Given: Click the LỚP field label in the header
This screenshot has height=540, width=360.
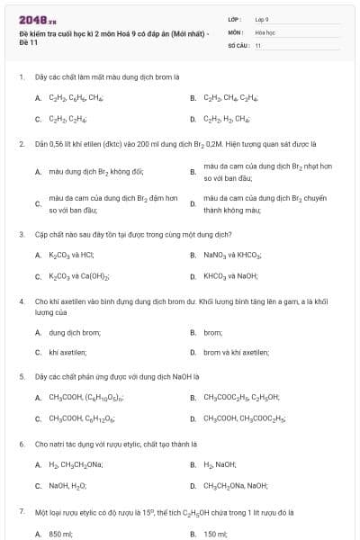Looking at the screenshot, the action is click(x=234, y=18).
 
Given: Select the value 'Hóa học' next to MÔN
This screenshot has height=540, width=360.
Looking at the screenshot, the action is click(x=265, y=31).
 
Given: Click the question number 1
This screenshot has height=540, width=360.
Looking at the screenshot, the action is click(x=21, y=77).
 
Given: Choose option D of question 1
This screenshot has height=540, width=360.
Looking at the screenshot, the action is click(x=226, y=118).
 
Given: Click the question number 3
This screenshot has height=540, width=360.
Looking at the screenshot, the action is click(x=21, y=234).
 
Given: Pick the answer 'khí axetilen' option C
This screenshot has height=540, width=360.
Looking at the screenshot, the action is click(x=67, y=353).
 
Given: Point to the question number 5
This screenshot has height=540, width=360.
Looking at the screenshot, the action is click(x=21, y=375).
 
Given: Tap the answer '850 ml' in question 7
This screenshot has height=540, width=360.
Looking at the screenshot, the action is click(x=60, y=533).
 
